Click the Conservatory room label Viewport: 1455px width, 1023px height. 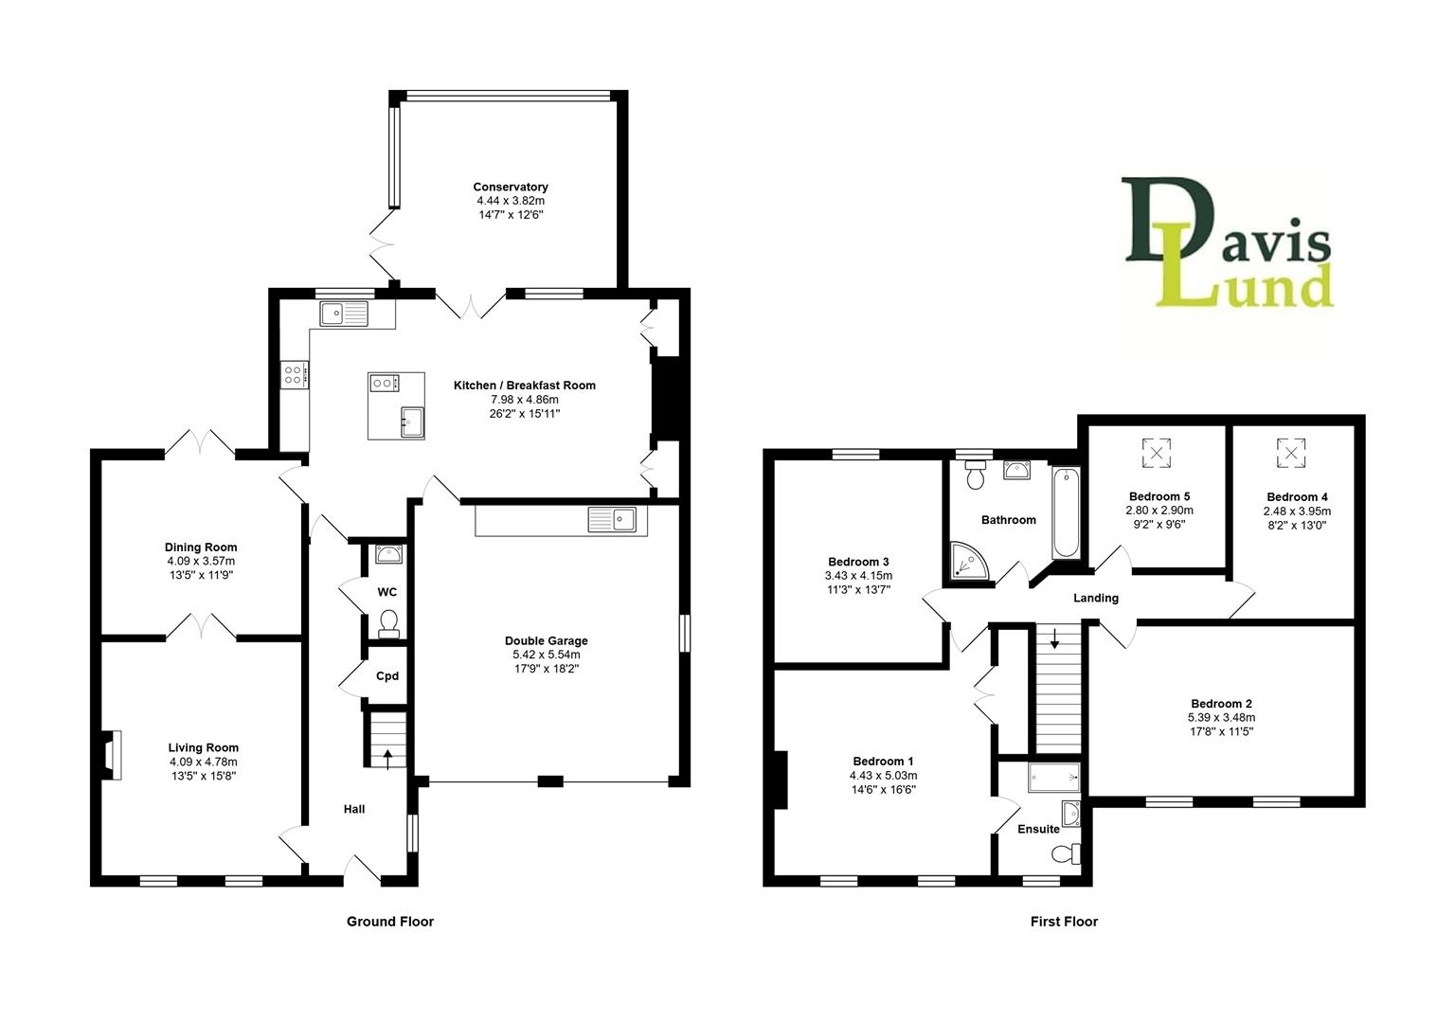(x=511, y=187)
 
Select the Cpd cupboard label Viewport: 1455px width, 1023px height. (x=387, y=676)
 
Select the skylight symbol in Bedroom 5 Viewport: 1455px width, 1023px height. (x=1156, y=452)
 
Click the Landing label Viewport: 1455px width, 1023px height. (x=1095, y=598)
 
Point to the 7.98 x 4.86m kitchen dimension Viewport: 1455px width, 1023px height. (x=524, y=400)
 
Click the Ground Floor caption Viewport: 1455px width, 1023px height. (x=389, y=921)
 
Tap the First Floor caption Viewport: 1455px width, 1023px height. (x=1064, y=921)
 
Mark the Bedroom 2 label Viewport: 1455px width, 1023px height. (x=1221, y=704)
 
